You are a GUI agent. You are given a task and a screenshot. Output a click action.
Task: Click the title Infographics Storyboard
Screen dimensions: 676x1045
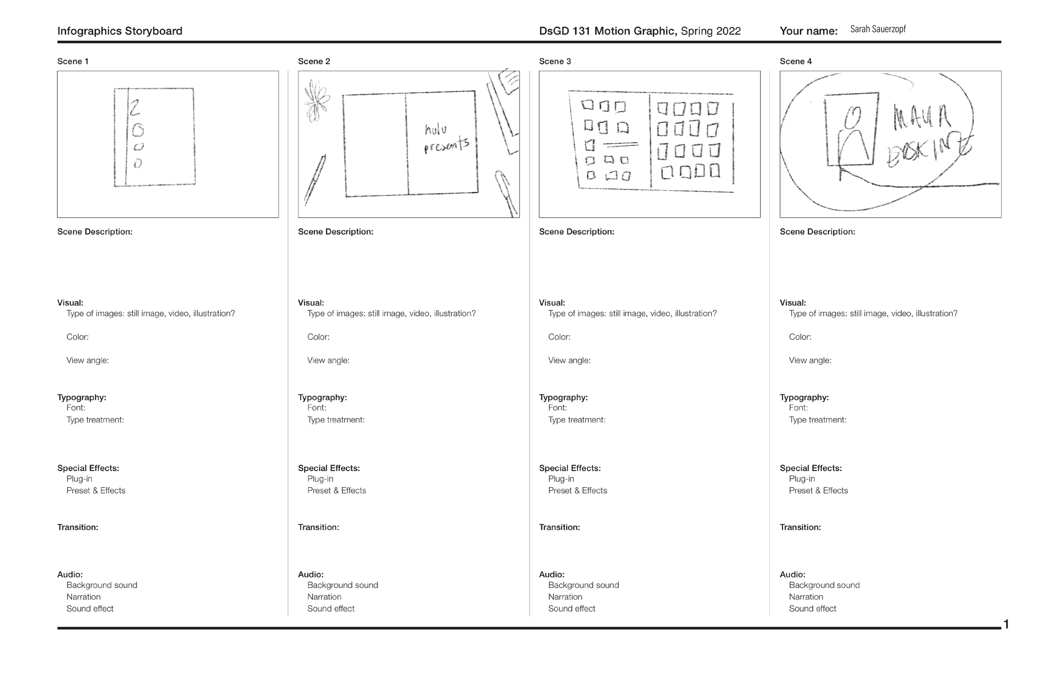[120, 31]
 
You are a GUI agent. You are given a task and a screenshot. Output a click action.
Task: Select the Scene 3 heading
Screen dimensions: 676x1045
[555, 61]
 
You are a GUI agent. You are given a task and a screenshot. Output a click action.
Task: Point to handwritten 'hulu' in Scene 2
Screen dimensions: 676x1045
[436, 130]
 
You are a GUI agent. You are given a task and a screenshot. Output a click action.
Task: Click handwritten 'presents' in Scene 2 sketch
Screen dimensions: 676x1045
[446, 145]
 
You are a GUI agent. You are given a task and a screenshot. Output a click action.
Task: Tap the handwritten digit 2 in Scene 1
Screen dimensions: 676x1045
[134, 107]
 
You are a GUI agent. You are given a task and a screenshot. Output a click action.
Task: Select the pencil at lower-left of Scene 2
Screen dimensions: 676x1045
[315, 180]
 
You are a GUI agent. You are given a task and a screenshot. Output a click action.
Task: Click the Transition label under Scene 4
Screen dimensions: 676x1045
[800, 527]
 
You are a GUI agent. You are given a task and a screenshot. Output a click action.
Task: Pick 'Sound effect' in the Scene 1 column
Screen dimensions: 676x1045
[89, 608]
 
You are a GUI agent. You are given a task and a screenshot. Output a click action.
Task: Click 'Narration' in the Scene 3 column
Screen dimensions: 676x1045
[565, 597]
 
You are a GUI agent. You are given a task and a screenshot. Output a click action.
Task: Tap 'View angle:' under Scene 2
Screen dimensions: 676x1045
[328, 361]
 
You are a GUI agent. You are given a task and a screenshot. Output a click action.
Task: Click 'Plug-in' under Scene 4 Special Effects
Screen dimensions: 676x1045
[801, 479]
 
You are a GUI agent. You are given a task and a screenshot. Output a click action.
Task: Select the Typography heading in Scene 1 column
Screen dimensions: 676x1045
[81, 397]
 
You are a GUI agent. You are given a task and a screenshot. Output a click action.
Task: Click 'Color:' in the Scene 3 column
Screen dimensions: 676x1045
[559, 337]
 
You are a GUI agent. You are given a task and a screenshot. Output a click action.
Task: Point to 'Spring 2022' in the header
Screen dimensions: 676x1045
[710, 31]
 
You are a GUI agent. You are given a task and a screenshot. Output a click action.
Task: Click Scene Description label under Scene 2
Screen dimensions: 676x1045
[336, 232]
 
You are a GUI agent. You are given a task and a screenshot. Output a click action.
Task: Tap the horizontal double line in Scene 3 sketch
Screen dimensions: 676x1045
[620, 144]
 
